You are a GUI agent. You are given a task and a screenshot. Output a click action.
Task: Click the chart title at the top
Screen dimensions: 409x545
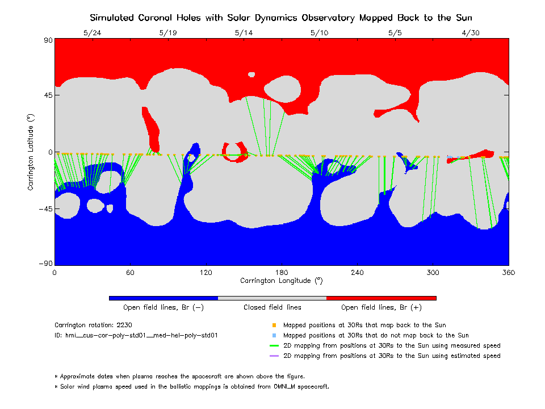pos(282,18)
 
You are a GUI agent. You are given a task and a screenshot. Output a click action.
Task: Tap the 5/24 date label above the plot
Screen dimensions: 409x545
pos(92,32)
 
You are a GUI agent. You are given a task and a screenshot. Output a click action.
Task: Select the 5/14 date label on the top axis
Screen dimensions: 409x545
pos(244,32)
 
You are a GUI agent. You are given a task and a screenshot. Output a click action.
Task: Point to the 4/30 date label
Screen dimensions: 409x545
pos(471,32)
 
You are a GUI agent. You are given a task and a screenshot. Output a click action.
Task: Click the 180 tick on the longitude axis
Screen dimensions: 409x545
pos(282,273)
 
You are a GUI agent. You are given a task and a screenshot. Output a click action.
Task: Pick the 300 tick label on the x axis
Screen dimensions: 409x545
pos(433,273)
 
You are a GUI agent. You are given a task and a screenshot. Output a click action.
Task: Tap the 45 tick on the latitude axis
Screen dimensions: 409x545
pos(47,95)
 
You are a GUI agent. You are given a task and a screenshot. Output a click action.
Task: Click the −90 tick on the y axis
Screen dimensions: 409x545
pos(45,264)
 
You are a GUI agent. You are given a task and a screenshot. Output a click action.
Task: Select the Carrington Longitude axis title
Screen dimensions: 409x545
pos(282,281)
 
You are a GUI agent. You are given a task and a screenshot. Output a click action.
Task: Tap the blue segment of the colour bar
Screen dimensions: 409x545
pos(163,298)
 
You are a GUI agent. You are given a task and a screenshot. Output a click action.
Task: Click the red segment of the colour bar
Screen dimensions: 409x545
pos(381,298)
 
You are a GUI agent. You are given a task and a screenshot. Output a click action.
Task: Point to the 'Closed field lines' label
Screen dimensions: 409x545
pos(272,307)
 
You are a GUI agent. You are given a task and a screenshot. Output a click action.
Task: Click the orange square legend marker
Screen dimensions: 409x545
pos(274,325)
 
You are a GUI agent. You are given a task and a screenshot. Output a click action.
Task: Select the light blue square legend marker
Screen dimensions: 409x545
pos(274,336)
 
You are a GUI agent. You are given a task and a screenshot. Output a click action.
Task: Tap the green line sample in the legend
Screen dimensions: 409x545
pos(274,346)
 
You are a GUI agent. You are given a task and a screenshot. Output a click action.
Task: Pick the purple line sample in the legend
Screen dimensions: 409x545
pos(274,356)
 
